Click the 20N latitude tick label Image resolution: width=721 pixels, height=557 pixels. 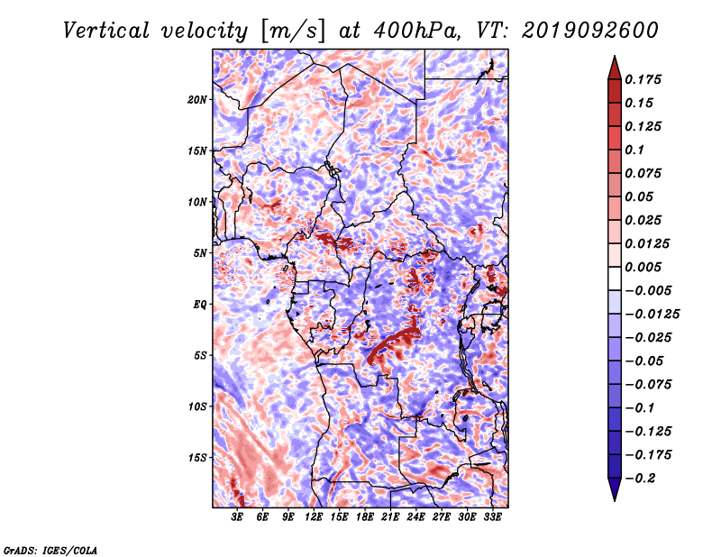197,100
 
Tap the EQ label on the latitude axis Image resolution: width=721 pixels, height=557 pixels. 199,305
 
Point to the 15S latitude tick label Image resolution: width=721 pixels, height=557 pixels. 197,458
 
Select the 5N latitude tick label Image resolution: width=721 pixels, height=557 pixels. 200,253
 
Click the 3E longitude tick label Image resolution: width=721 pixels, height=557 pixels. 237,517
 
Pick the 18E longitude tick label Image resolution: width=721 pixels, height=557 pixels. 365,517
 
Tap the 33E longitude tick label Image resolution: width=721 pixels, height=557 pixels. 492,517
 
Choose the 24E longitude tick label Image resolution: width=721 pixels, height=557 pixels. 415,517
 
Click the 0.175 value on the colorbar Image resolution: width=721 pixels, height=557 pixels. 643,79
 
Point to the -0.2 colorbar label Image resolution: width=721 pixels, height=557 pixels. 638,479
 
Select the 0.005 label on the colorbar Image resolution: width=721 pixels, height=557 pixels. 643,267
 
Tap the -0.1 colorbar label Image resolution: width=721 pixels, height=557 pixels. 638,408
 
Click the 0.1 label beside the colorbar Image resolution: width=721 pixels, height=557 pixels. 634,150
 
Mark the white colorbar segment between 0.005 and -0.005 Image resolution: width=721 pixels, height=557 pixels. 615,278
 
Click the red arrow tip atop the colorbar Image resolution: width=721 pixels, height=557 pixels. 615,57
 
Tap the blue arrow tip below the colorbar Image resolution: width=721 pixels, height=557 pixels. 615,499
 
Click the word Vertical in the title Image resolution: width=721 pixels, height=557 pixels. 106,31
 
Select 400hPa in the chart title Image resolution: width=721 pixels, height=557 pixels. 416,31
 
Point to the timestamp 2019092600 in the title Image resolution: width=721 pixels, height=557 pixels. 590,31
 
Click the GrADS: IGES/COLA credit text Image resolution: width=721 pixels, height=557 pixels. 50,551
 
